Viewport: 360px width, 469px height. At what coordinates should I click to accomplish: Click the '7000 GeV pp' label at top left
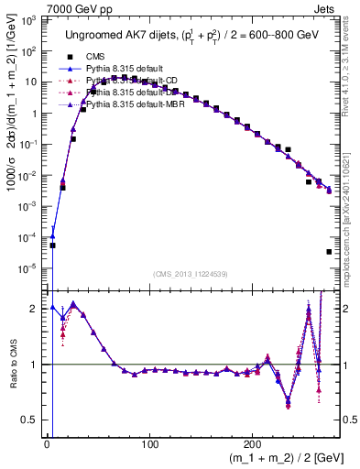35,8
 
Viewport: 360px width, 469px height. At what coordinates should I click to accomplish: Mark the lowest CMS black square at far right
328,252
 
